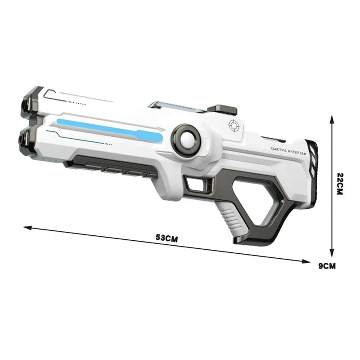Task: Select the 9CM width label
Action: (x=327, y=265)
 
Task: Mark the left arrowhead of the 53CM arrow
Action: (x=26, y=227)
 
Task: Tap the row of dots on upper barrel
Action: (x=79, y=103)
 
